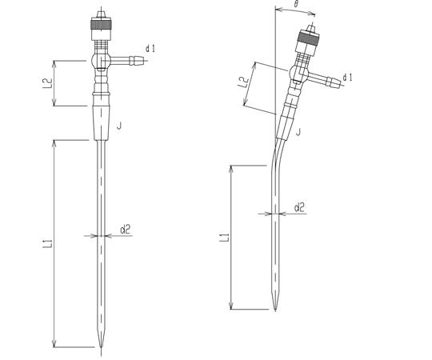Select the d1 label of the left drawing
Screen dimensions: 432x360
(x=150, y=49)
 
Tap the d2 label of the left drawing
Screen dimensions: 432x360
(x=125, y=229)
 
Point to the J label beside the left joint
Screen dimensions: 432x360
(x=119, y=126)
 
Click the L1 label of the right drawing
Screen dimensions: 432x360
(x=224, y=238)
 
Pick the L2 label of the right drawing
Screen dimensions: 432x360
(x=243, y=82)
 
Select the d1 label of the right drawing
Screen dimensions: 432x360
(x=347, y=78)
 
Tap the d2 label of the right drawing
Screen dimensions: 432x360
(x=299, y=207)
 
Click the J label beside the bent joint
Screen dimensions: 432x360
(x=298, y=132)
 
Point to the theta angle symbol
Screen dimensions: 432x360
(x=296, y=4)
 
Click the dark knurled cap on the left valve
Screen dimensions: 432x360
(x=101, y=25)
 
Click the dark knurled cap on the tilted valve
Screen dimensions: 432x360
(x=309, y=38)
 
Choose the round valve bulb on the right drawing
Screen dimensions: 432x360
(x=298, y=73)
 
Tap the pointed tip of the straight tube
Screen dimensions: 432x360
(x=101, y=348)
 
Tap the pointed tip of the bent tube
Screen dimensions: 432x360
(x=275, y=310)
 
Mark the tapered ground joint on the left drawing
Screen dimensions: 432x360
(x=101, y=123)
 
